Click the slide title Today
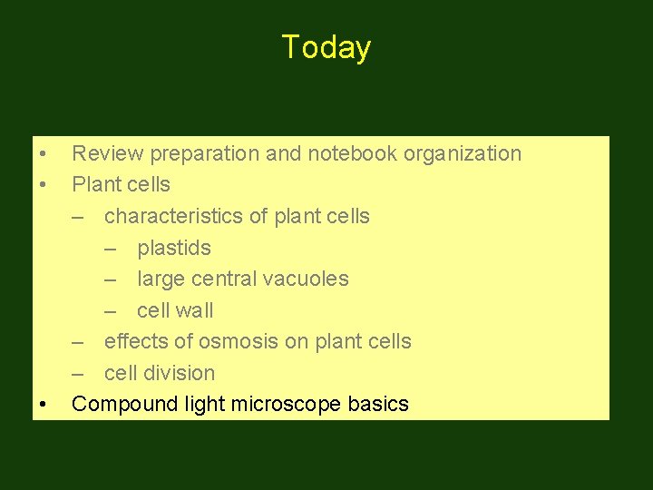[326, 47]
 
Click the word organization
[463, 154]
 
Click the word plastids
[174, 248]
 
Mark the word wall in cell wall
[194, 310]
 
